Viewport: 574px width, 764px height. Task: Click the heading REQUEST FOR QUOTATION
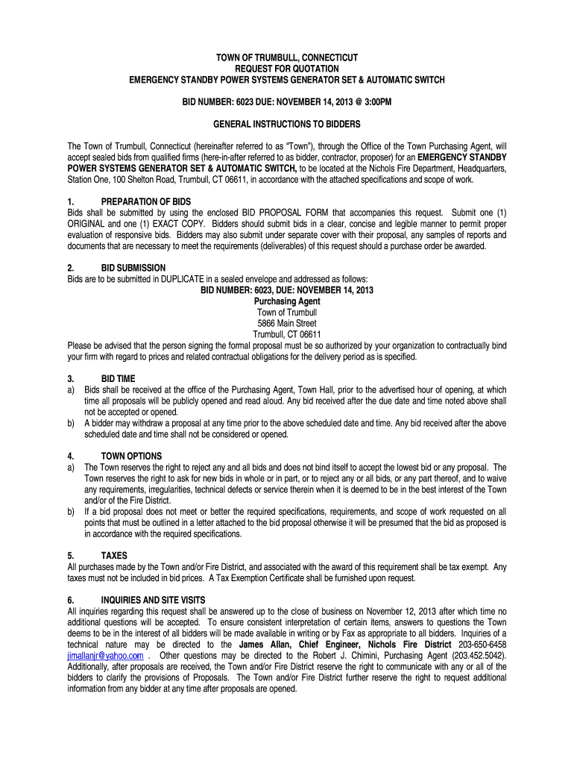(287, 68)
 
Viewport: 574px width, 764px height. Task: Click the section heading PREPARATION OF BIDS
(146, 201)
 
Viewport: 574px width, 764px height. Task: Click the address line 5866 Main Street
(287, 323)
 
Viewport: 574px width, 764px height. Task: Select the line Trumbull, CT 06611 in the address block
(287, 334)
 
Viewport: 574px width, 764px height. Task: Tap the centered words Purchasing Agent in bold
(287, 301)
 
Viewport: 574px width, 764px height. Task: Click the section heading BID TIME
(118, 378)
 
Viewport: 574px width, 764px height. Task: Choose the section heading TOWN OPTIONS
(131, 455)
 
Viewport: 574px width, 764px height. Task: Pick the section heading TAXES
(114, 555)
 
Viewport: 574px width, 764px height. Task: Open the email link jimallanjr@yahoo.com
(105, 656)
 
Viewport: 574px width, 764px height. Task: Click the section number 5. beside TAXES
(71, 555)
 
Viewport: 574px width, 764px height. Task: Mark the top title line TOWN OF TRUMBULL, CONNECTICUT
(287, 57)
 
